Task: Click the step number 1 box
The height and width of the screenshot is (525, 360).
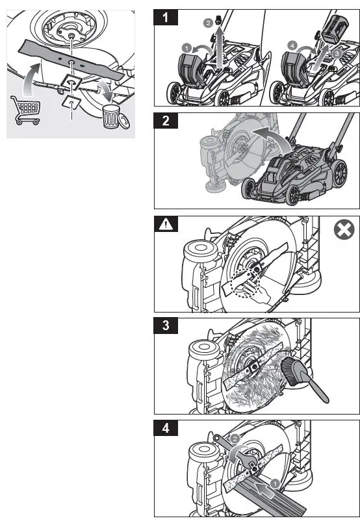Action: click(168, 18)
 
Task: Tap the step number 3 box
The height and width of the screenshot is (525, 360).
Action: click(168, 325)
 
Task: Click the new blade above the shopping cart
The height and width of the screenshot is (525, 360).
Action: click(68, 58)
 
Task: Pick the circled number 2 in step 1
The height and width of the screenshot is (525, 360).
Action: click(207, 22)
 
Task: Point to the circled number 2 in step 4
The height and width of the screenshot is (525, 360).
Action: click(235, 439)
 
